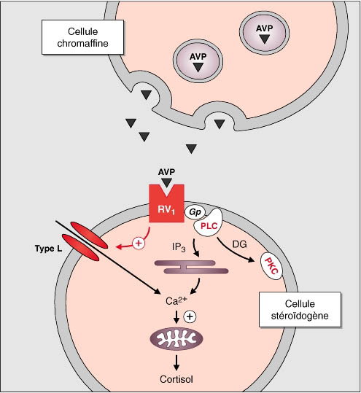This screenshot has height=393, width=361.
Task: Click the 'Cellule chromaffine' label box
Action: tap(82, 37)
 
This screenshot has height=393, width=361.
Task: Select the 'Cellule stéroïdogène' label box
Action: tap(300, 310)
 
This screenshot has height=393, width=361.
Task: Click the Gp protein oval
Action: tap(195, 212)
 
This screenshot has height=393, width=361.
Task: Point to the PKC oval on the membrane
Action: tap(272, 266)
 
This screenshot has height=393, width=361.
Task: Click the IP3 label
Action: tap(179, 247)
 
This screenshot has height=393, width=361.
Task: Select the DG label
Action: tap(239, 244)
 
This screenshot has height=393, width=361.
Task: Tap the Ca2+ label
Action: tap(176, 300)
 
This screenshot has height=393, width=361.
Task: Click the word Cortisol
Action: tap(176, 379)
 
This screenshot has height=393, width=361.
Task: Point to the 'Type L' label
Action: tap(48, 249)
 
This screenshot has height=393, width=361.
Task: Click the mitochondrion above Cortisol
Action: tap(176, 338)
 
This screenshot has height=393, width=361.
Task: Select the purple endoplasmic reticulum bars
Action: tap(191, 267)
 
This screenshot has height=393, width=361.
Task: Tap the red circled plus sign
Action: tap(139, 243)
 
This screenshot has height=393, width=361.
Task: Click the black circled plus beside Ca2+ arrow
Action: tap(190, 316)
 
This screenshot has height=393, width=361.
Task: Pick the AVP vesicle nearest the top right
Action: tap(265, 32)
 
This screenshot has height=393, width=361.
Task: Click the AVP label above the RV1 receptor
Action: tap(166, 172)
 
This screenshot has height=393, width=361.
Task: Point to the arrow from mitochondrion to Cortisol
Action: tap(176, 362)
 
